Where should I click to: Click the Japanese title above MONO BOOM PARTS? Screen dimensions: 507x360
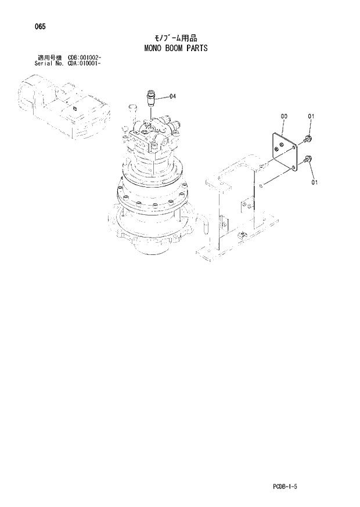point(175,38)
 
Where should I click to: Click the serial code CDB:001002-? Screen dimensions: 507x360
point(85,57)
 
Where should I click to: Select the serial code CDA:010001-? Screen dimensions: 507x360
point(85,63)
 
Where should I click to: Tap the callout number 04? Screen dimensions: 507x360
point(172,96)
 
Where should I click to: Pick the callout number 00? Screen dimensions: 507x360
point(283,117)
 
